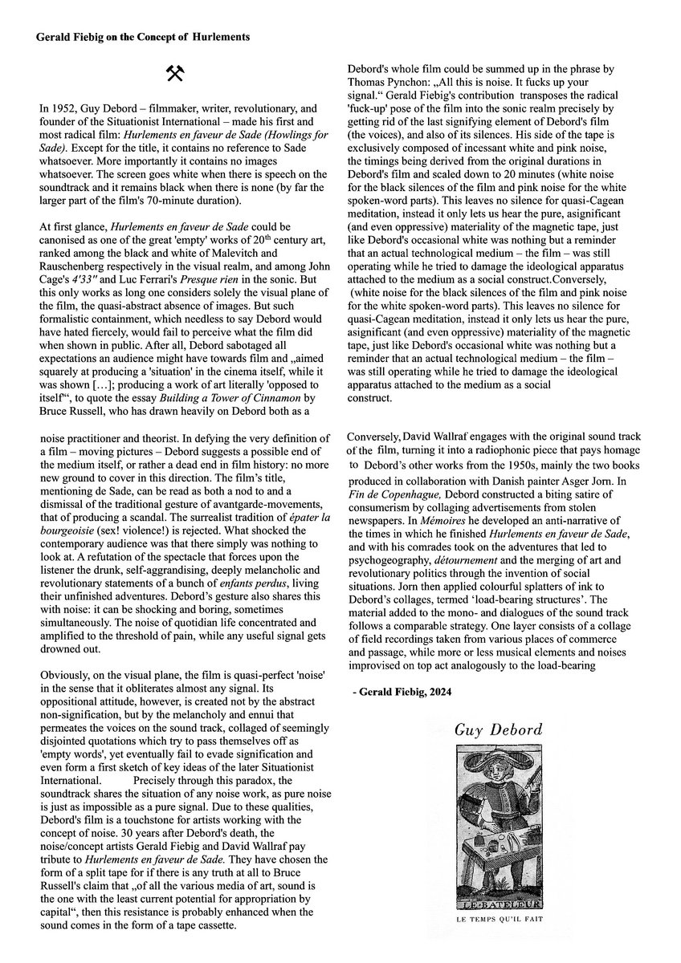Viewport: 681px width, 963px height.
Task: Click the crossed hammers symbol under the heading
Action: click(175, 74)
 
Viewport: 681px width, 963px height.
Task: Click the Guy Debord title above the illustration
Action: click(498, 730)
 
